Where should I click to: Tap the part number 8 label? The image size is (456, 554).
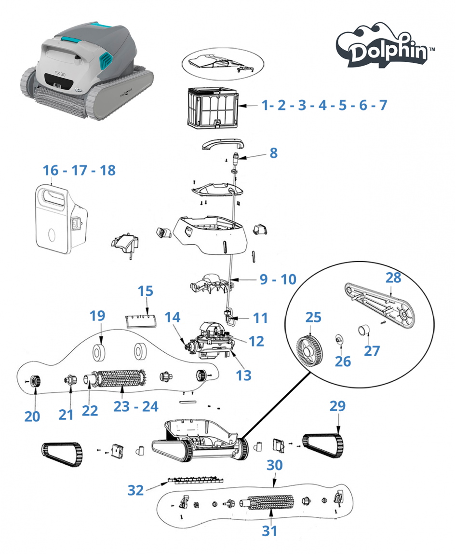[273, 153]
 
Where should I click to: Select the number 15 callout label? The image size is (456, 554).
[146, 291]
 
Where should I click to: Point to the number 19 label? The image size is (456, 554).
[97, 316]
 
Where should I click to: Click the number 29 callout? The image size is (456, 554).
[337, 406]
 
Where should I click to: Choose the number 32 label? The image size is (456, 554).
[136, 490]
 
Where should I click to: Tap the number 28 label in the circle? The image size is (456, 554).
[393, 277]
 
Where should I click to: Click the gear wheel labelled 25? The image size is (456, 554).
[309, 348]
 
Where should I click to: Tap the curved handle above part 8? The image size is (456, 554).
[222, 144]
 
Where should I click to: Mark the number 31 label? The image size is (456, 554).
[270, 531]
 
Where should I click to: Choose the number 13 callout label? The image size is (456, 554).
[244, 374]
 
